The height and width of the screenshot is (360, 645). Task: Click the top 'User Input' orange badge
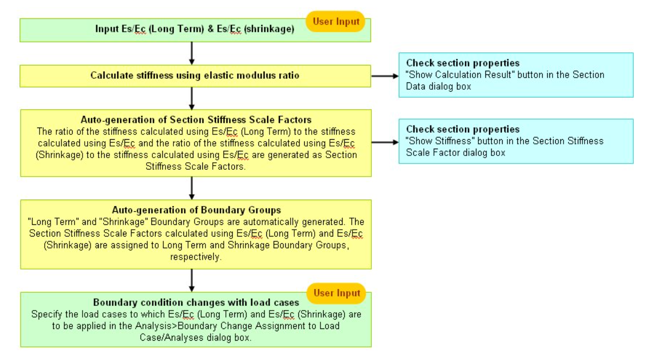[335, 21]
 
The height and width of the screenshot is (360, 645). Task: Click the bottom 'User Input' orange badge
[336, 293]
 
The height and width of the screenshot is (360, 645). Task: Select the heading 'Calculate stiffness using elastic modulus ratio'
[195, 75]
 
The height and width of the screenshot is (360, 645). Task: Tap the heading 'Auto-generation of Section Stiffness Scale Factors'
[196, 120]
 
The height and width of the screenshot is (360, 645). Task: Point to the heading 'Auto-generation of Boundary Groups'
[197, 210]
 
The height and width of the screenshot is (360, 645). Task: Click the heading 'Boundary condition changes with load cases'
[196, 302]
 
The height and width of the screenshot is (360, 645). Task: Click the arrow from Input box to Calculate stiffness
[192, 53]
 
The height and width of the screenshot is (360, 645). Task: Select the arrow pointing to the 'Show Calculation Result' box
[385, 76]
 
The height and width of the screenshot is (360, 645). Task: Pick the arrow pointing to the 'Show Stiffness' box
[385, 142]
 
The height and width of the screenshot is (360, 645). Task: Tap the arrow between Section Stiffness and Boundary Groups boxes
[192, 188]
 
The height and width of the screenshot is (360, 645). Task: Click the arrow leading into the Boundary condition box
[192, 281]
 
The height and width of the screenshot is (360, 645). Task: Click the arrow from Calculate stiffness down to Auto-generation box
[192, 98]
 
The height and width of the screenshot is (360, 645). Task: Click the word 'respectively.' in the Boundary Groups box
[196, 257]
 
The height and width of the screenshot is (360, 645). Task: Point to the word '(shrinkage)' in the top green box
[269, 29]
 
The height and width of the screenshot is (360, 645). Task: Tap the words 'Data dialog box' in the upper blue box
[439, 87]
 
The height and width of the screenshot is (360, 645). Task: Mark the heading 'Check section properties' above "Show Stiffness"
[463, 129]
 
